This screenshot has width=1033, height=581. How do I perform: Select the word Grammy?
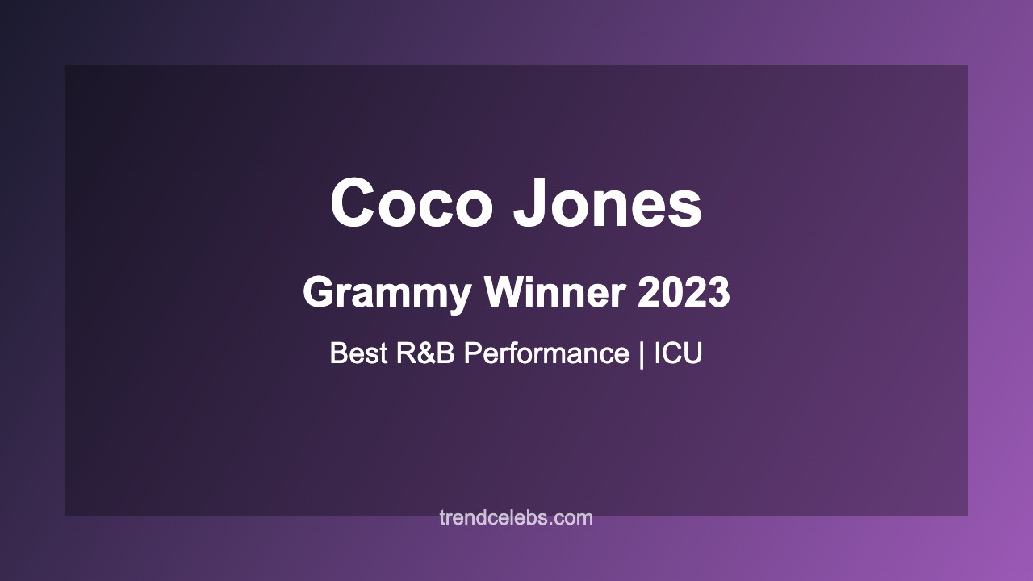click(387, 293)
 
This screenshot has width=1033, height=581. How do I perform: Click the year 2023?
click(684, 293)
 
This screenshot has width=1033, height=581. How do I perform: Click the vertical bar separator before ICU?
click(642, 353)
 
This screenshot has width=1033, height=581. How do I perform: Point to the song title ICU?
click(678, 353)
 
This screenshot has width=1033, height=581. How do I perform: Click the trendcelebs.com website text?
click(516, 518)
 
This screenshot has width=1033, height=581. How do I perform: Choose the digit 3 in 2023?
click(718, 293)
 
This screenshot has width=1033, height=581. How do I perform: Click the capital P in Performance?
click(473, 353)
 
